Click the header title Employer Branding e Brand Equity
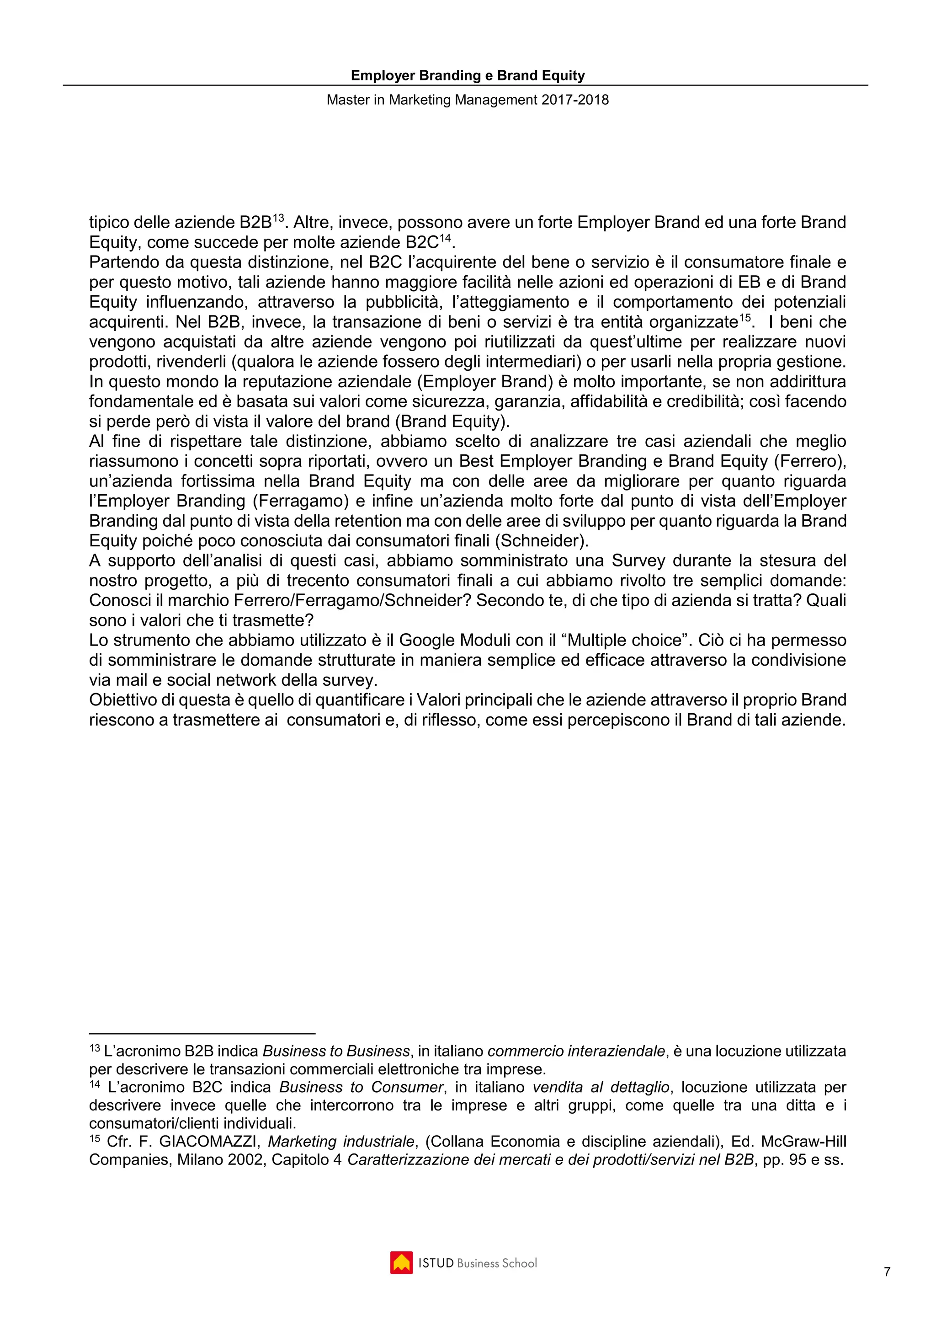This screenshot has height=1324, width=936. [x=468, y=75]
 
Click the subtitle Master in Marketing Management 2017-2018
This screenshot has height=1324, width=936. [x=468, y=100]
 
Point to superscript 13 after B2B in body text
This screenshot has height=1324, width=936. [x=278, y=218]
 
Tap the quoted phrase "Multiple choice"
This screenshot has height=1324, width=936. [x=625, y=640]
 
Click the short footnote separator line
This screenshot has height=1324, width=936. [x=202, y=1034]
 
